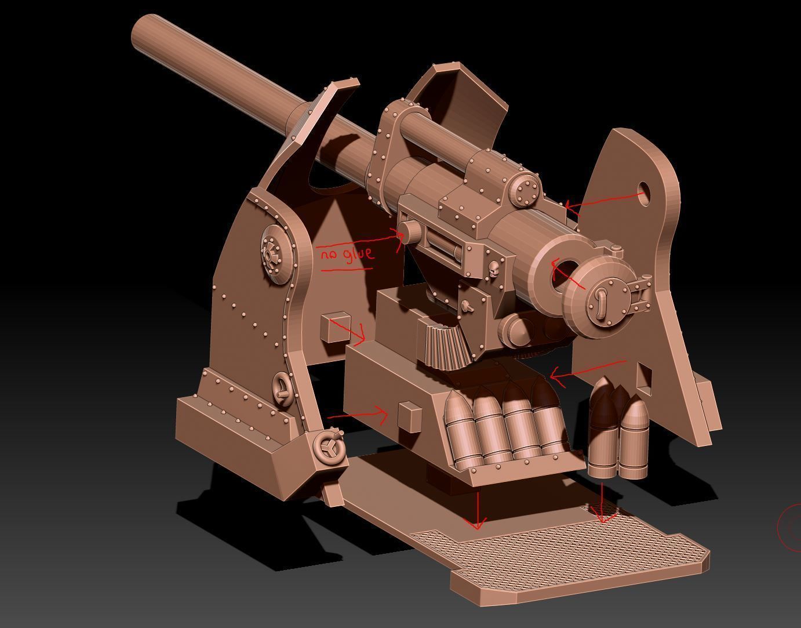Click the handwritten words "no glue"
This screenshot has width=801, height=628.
(347, 254)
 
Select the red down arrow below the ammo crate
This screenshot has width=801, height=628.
(478, 510)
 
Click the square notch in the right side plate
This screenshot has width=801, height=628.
(642, 376)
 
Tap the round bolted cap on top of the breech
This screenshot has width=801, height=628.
(526, 190)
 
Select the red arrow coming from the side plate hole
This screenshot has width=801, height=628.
(603, 201)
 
